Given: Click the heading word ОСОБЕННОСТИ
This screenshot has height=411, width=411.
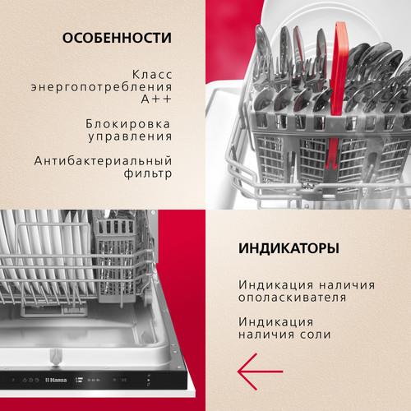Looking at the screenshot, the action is (x=117, y=38).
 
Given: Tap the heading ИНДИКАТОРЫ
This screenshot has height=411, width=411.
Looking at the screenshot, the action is (x=289, y=248).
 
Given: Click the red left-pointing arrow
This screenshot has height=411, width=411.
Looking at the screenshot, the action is (x=260, y=372).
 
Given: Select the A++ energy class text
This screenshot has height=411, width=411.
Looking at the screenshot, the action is (x=156, y=99).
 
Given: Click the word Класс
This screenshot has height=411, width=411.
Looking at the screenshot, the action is (x=152, y=74).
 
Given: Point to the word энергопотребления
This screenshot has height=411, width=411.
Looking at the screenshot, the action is (x=101, y=87).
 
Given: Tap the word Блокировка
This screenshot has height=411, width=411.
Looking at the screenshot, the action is (x=128, y=124).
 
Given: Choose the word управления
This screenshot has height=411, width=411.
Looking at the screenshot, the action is (x=130, y=136).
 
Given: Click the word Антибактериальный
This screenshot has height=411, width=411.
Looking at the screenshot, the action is (x=103, y=161).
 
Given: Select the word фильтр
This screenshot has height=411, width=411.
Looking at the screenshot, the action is (x=148, y=173).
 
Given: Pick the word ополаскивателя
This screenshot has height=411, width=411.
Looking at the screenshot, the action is (x=293, y=298).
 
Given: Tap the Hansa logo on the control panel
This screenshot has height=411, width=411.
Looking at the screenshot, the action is (x=56, y=380).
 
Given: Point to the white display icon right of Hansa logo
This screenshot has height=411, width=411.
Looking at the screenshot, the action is (x=79, y=380).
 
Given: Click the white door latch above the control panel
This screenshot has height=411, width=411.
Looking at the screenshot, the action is (x=55, y=356).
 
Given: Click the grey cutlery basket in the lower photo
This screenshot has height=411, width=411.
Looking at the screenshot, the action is (x=117, y=257).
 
